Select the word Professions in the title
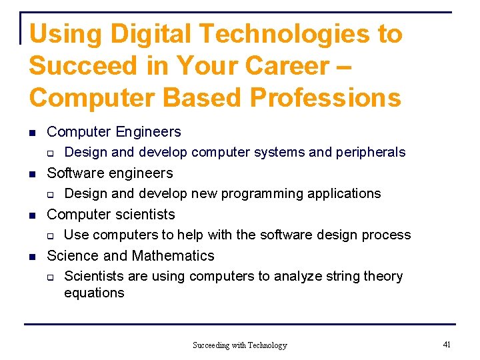point(325,97)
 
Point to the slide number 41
point(446,344)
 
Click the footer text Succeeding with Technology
point(239,345)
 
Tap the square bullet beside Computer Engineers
point(33,133)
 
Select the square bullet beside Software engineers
point(33,174)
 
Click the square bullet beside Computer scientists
point(33,215)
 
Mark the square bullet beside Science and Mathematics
point(33,257)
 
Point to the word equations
point(94,293)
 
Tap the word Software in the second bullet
point(74,173)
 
